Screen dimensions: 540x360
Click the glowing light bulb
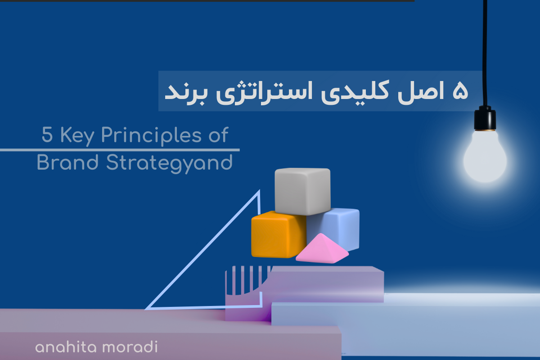pos(485,157)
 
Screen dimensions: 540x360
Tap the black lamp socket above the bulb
pos(485,118)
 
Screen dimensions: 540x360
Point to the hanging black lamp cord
pos(485,53)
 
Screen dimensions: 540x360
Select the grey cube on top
pos(302,191)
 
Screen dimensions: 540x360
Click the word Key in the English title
pos(77,136)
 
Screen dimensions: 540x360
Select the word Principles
pos(151,136)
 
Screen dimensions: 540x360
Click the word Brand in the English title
pos(67,162)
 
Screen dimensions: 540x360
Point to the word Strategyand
pos(170,163)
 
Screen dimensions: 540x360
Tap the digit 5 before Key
pos(47,135)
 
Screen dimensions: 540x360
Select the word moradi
pos(130,347)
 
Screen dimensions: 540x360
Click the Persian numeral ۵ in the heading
pos(460,90)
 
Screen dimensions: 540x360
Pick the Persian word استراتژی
pos(264,92)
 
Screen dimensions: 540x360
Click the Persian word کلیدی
pos(355,92)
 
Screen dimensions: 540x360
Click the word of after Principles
pos(218,135)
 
